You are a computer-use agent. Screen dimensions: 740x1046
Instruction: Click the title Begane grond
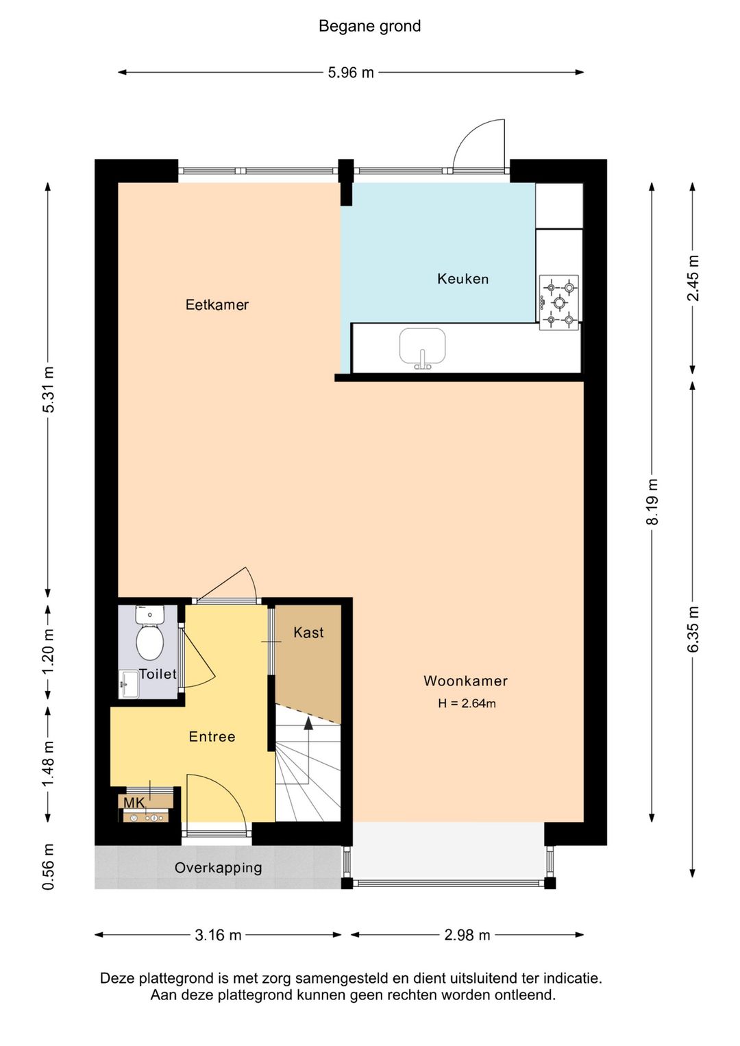coord(369,26)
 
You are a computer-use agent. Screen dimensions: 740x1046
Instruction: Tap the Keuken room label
coord(463,279)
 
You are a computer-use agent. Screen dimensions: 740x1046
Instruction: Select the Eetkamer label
coord(217,304)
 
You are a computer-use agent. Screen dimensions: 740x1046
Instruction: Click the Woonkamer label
coord(465,681)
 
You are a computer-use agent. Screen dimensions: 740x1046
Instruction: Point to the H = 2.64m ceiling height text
coord(467,703)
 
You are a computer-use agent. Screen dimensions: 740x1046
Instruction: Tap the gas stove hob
coord(559,302)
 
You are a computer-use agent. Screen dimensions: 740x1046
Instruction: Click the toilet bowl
coord(149,642)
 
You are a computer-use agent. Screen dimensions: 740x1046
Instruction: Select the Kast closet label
coord(308,632)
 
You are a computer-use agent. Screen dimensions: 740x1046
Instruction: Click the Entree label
coord(212,736)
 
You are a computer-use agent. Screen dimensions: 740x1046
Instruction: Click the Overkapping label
coord(218,867)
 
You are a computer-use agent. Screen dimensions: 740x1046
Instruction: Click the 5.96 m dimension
coord(351,73)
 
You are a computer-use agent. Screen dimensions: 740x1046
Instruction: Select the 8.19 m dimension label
coord(652,502)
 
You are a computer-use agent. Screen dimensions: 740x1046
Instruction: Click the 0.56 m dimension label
coord(48,866)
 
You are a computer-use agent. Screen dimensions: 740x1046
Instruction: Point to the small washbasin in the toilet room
coord(129,685)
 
